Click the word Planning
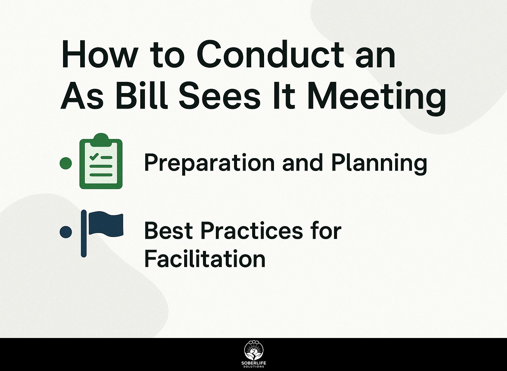pyautogui.click(x=379, y=163)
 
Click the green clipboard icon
pyautogui.click(x=101, y=161)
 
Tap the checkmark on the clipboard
pyautogui.click(x=94, y=156)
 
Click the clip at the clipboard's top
pyautogui.click(x=101, y=139)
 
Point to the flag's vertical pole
pyautogui.click(x=84, y=234)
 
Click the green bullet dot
pyautogui.click(x=66, y=163)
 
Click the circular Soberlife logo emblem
pyautogui.click(x=253, y=354)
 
